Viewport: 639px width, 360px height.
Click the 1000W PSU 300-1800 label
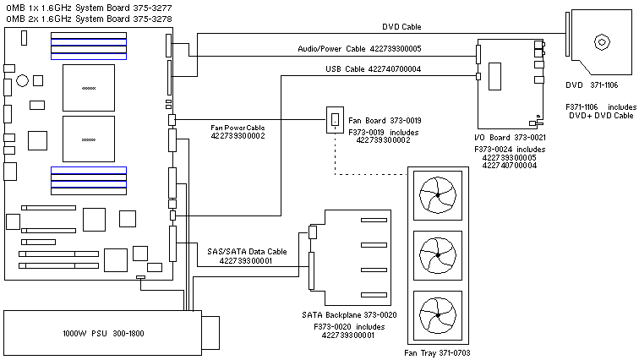(x=103, y=334)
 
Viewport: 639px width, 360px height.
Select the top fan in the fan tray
(x=438, y=195)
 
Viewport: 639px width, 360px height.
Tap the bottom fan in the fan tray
(x=438, y=315)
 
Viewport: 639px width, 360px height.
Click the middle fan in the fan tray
(x=438, y=255)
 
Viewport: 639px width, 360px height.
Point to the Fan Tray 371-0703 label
(x=437, y=352)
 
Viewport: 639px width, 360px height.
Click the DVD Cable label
(x=401, y=26)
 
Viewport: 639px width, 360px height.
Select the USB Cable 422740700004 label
(x=373, y=68)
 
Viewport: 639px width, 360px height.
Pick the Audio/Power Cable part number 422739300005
(x=396, y=48)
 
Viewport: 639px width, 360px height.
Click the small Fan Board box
(x=335, y=120)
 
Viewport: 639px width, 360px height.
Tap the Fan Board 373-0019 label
(x=385, y=121)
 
